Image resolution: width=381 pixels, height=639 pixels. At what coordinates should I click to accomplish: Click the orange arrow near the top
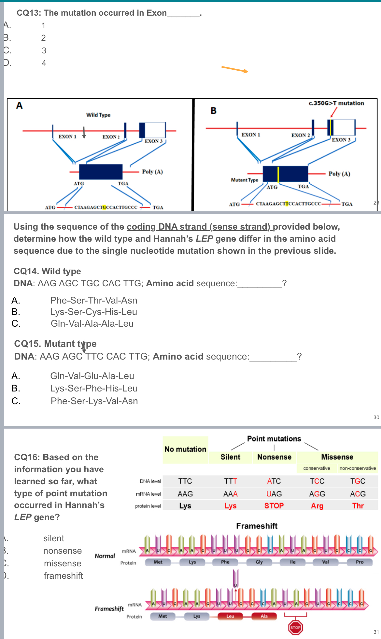tap(235, 69)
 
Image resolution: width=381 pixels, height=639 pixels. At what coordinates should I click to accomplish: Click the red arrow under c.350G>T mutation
tap(333, 112)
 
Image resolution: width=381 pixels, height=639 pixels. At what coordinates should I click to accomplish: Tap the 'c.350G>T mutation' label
tap(336, 103)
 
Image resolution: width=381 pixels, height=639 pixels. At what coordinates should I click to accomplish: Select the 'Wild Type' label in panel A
tap(98, 115)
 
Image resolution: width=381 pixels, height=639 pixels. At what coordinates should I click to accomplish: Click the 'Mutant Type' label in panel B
tap(244, 180)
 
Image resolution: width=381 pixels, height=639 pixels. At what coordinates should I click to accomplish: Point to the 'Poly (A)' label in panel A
tap(152, 172)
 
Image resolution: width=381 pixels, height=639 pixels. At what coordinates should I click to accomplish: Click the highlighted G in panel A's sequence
tap(104, 207)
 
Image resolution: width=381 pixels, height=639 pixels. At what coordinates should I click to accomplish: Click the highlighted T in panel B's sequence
tap(287, 204)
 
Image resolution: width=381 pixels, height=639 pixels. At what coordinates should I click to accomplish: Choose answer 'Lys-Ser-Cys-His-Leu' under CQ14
tap(93, 312)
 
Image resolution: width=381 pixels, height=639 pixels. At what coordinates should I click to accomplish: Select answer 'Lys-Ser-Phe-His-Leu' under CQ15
tap(94, 389)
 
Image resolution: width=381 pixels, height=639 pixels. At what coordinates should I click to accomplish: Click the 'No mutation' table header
tap(185, 449)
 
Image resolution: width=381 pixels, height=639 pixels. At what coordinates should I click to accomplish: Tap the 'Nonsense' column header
tap(274, 457)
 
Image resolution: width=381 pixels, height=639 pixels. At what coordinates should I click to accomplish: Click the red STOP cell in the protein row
tap(274, 506)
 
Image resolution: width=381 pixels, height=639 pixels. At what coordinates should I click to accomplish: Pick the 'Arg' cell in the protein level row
tap(317, 506)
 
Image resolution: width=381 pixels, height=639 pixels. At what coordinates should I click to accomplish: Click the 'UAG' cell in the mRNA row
tap(274, 494)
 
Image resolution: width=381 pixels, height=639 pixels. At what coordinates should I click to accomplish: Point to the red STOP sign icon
tap(295, 627)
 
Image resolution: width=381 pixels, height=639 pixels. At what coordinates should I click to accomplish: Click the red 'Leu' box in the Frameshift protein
tap(230, 616)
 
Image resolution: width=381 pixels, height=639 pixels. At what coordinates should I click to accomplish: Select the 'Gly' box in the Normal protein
tap(259, 562)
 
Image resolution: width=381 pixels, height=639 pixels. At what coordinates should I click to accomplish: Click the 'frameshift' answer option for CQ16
tap(63, 576)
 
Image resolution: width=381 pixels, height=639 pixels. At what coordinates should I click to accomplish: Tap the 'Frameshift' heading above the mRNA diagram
tap(257, 526)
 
